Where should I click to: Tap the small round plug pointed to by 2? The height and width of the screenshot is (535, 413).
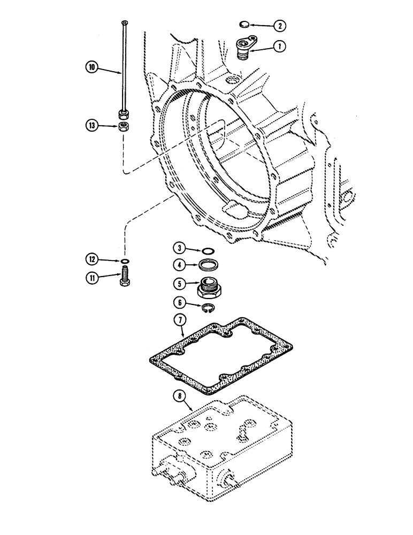244,24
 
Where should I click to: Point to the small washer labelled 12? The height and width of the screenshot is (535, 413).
124,261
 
